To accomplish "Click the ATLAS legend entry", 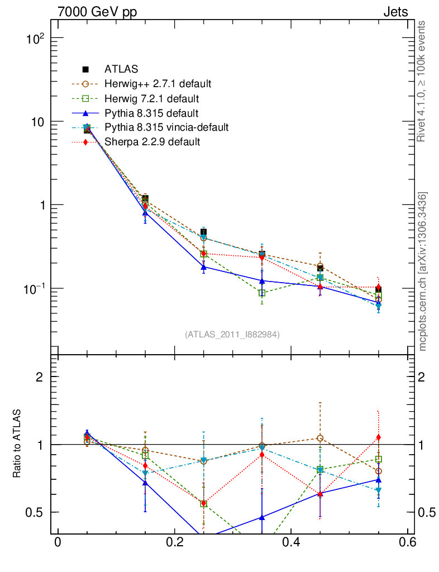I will point(121,70).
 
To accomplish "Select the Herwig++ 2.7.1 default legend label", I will point(157,84).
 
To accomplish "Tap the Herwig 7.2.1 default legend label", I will point(151,99).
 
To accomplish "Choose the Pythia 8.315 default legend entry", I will point(150,113).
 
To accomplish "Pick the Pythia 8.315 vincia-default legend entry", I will point(166,127).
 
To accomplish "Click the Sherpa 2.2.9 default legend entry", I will point(152,142).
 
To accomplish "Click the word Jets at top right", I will point(395,12).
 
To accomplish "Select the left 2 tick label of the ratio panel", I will point(39,377).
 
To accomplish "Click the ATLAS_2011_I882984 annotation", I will point(232,334).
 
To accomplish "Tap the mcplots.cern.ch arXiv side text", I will point(423,272).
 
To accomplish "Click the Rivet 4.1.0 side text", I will point(423,81).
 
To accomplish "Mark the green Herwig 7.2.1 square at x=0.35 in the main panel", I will point(262,293).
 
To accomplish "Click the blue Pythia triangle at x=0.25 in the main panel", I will point(203,267).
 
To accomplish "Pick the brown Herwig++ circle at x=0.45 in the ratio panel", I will point(320,438).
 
